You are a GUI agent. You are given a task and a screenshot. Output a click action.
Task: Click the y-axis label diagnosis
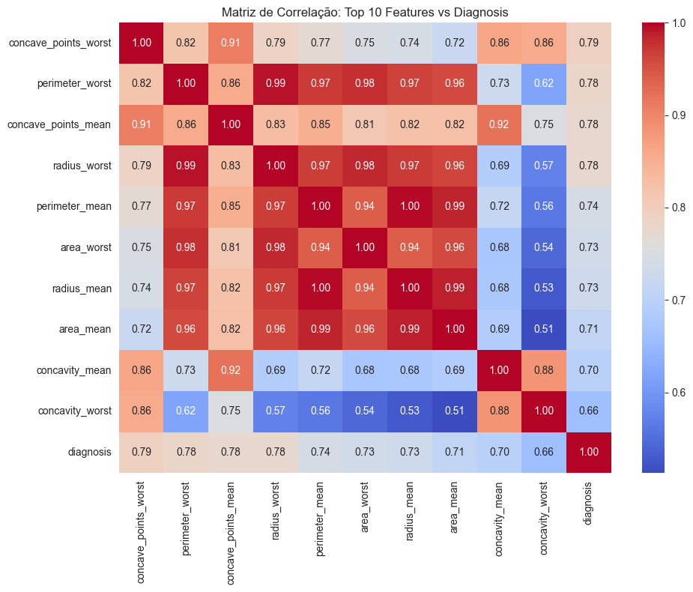click(x=90, y=453)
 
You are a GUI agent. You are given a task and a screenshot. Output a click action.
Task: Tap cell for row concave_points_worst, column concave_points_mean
click(x=231, y=43)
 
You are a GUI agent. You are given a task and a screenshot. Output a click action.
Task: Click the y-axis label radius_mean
click(x=84, y=289)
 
